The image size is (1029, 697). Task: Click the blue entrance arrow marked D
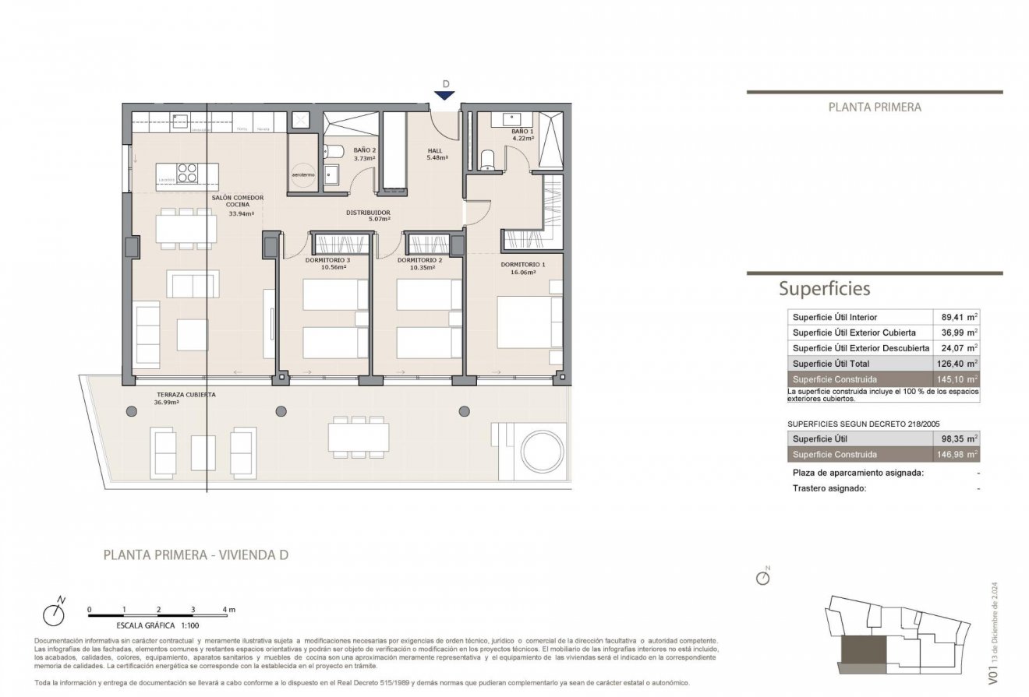coord(444,95)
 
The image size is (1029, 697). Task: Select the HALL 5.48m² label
coord(436,153)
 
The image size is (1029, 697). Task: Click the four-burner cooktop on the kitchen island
coord(188,171)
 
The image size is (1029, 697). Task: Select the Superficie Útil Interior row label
coord(835,317)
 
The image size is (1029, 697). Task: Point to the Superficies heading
coord(824,289)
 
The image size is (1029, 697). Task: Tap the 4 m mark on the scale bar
coord(227,609)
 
